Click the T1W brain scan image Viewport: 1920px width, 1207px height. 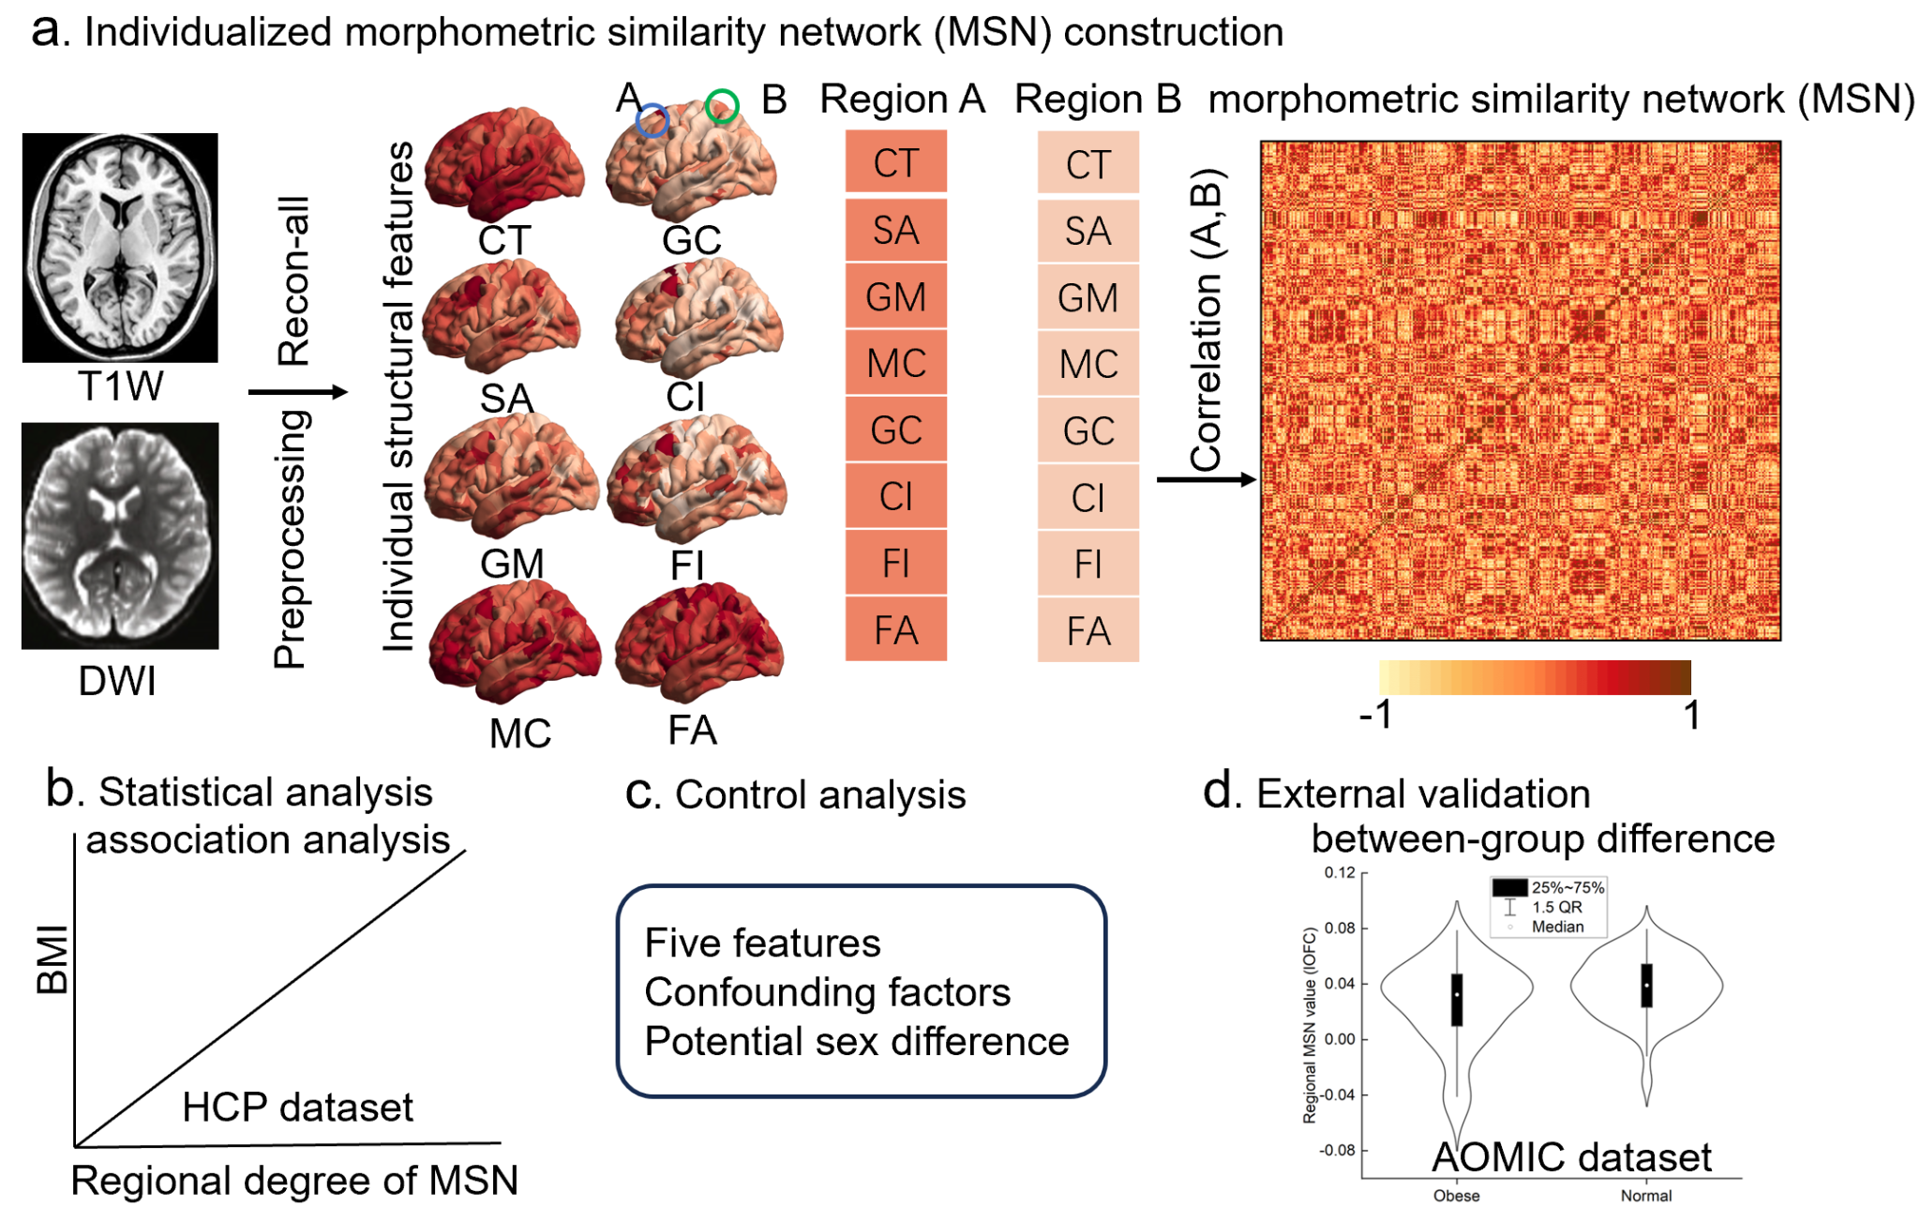tap(120, 248)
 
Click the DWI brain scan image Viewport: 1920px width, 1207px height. tap(120, 536)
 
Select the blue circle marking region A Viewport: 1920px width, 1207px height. tap(652, 120)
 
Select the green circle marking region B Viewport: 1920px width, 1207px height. tap(722, 105)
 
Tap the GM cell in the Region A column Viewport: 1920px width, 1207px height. tap(896, 297)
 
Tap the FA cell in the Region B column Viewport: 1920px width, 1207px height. tap(1087, 631)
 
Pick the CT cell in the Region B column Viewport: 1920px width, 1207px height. tap(1087, 164)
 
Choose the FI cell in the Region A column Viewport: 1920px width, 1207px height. tap(896, 564)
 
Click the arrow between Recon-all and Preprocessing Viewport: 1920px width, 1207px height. tap(297, 392)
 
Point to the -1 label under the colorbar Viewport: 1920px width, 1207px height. tap(1376, 716)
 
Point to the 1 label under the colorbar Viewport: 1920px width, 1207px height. tap(1691, 716)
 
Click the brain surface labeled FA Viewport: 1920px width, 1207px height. tap(698, 642)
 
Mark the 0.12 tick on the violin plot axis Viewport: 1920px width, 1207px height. tap(1340, 873)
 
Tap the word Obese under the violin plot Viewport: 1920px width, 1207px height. tap(1456, 1196)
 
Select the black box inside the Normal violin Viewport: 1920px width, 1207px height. tap(1646, 986)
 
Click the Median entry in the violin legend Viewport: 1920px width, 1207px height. tap(1557, 927)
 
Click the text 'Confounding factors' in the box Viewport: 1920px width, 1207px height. tap(828, 992)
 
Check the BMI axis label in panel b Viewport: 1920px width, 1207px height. tap(52, 959)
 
